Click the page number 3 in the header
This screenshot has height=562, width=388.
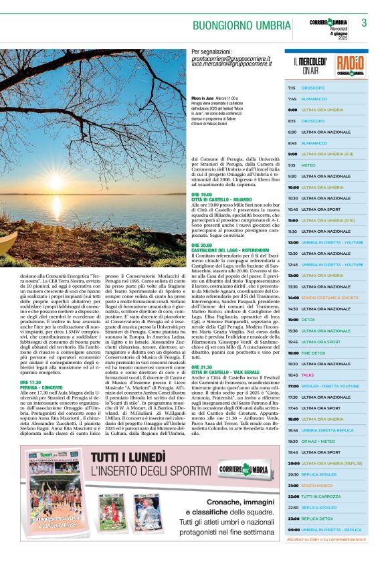(x=364, y=23)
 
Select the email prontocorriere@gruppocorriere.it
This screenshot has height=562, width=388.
(x=231, y=59)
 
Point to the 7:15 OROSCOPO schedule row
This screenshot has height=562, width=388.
(x=326, y=88)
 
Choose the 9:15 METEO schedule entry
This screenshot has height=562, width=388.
(x=326, y=165)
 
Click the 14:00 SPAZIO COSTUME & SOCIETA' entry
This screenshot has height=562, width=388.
(x=326, y=297)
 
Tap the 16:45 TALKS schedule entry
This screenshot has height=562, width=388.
(x=326, y=375)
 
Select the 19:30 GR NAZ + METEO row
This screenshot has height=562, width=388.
(x=326, y=441)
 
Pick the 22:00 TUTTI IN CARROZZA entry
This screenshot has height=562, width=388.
(x=326, y=496)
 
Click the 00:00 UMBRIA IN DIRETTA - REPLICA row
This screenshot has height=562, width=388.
(x=326, y=529)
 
